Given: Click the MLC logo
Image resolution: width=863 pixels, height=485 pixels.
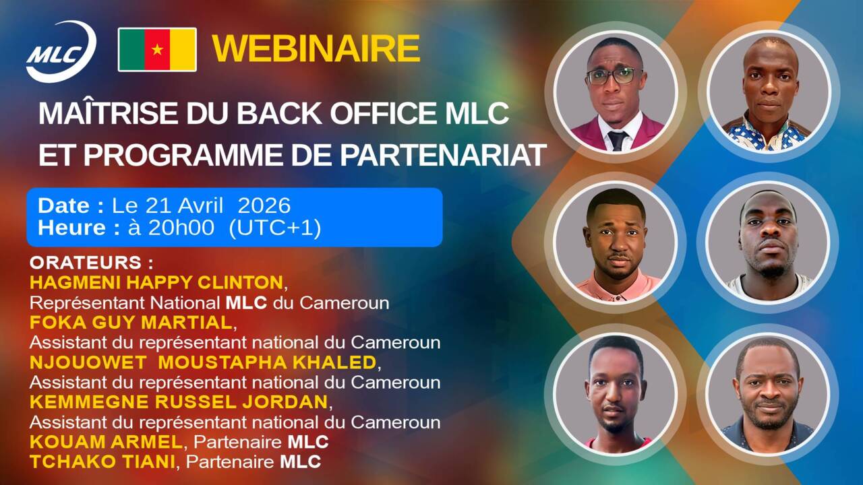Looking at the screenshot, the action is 61,52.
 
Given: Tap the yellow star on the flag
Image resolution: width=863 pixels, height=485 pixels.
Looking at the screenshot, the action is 157,49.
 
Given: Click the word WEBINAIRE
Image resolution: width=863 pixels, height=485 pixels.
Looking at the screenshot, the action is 316,48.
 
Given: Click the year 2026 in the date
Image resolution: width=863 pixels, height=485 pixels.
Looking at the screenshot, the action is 264,205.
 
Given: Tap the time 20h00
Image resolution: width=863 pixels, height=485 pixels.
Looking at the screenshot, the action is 181,228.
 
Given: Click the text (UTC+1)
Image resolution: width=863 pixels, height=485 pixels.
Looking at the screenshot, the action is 274,228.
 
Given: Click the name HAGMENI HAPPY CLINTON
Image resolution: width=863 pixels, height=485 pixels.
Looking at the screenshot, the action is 156,282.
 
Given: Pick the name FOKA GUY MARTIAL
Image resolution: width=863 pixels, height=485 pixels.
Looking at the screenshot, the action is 131,323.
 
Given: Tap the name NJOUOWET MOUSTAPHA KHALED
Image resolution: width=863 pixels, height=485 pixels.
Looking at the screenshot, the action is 203,362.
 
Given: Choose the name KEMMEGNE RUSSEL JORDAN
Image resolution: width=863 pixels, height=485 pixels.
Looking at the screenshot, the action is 179,402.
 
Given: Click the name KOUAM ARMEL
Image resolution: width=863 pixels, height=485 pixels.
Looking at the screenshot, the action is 106,442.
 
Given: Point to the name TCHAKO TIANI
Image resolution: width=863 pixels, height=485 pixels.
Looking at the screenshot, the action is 102,461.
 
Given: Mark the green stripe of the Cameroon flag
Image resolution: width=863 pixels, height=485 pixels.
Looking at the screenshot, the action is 132,50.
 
